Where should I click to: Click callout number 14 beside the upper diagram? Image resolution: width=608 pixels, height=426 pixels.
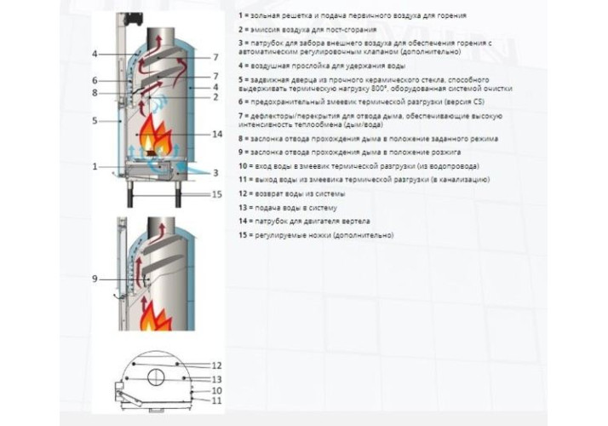tap(217, 135)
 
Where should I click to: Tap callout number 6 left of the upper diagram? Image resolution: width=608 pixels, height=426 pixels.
tap(95, 81)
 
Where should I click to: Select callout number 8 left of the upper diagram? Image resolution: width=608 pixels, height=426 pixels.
tap(95, 93)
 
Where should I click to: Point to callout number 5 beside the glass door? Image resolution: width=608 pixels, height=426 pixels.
tap(95, 121)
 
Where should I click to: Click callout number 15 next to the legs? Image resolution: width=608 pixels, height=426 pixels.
tap(217, 194)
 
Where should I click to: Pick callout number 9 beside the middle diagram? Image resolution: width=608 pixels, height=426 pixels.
tap(95, 279)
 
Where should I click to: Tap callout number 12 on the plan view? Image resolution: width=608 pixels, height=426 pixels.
tap(217, 366)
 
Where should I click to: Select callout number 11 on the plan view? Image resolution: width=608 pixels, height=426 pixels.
tap(217, 400)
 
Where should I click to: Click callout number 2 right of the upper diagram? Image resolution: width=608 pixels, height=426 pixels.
tap(215, 97)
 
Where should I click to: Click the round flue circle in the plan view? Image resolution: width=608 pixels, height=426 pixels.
tap(156, 377)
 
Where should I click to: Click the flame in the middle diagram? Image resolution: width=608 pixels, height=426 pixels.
tap(156, 314)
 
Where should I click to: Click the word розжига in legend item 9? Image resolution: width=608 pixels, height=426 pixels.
tap(447, 153)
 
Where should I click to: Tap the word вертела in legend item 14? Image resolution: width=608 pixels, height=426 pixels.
tap(356, 222)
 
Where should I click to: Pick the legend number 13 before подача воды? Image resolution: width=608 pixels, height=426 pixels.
tap(243, 208)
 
